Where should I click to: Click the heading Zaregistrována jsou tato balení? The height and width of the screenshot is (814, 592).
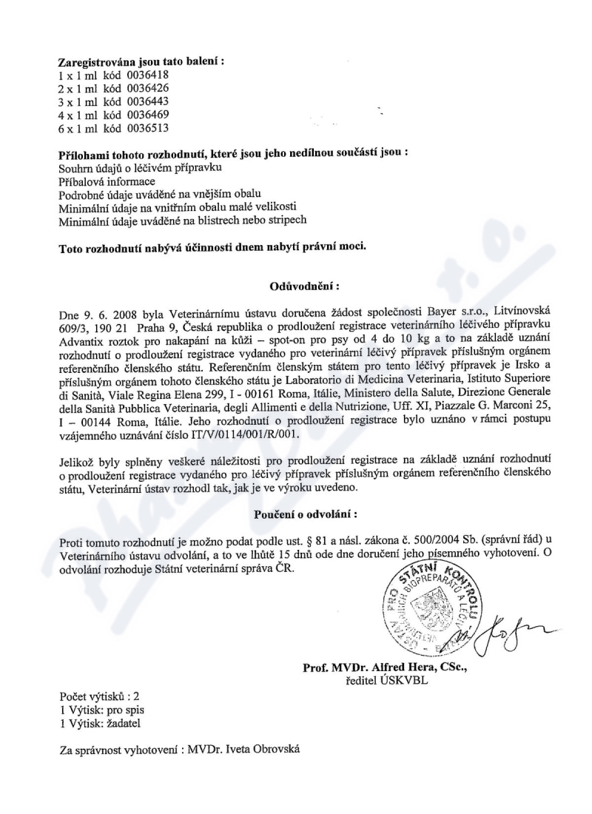(141, 61)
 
